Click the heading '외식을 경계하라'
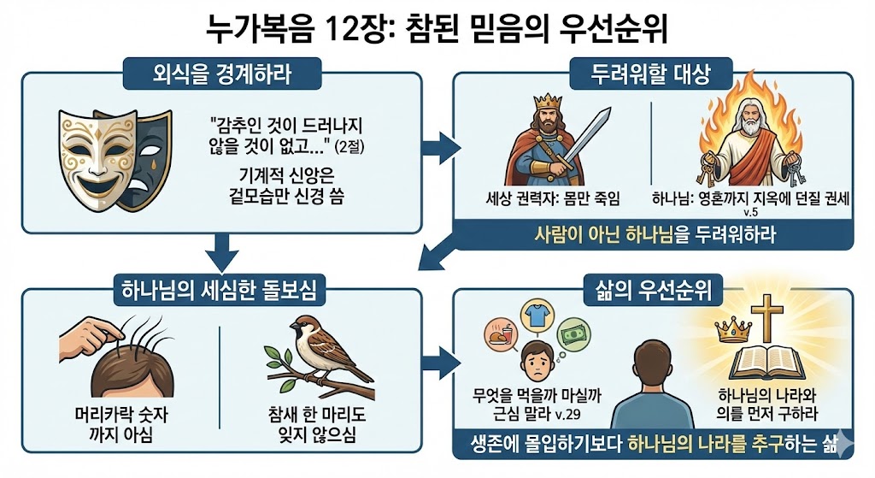[220, 74]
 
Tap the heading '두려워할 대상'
[650, 74]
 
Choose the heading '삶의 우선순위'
[650, 290]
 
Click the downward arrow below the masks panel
[220, 254]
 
